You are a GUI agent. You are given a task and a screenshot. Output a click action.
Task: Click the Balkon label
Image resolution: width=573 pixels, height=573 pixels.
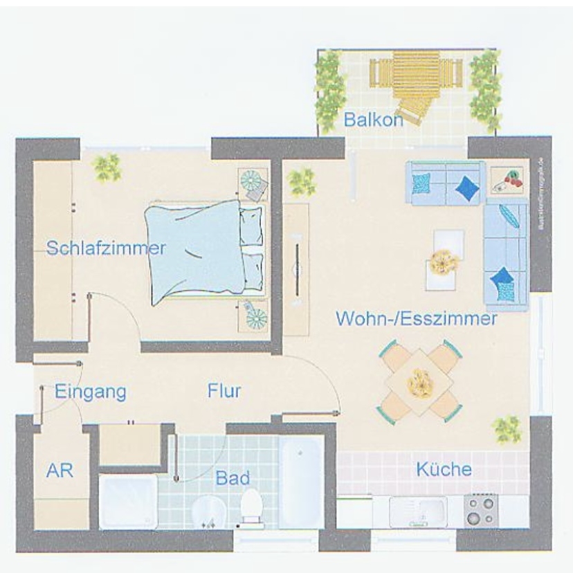click(x=373, y=120)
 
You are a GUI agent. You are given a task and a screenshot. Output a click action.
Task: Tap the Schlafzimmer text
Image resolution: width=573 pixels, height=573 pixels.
click(x=106, y=248)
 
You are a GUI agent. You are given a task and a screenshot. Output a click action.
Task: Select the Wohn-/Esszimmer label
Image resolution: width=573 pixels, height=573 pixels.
click(x=416, y=319)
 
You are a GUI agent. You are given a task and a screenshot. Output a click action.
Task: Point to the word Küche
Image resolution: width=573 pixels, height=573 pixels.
click(x=444, y=469)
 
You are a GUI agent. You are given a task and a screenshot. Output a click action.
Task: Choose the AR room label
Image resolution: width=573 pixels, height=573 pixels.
click(x=60, y=471)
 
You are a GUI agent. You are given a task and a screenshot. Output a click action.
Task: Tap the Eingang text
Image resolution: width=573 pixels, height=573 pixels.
click(x=91, y=392)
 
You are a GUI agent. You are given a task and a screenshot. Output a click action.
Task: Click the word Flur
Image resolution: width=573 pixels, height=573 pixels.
click(x=224, y=391)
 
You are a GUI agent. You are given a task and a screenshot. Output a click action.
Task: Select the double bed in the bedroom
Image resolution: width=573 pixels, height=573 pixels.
click(x=204, y=251)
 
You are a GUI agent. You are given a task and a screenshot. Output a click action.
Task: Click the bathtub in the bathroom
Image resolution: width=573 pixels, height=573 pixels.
click(x=300, y=481)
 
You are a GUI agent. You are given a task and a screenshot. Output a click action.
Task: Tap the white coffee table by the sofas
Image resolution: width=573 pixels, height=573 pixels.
click(x=443, y=261)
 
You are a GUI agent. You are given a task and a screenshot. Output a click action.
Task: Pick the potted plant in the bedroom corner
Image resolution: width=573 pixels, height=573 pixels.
click(x=107, y=167)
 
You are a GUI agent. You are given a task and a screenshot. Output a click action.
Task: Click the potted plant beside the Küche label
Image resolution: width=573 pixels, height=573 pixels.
click(x=507, y=429)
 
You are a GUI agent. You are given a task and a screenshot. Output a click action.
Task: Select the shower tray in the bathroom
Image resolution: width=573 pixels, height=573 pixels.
click(x=127, y=501)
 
